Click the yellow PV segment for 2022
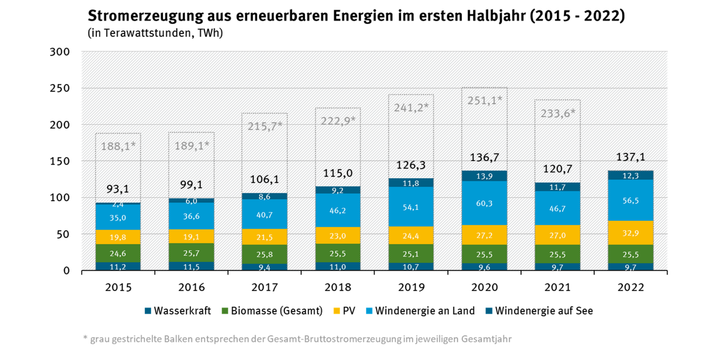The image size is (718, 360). tap(631, 233)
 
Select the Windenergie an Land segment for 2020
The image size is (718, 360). tap(484, 203)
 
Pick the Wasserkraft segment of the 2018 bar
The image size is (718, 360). tap(338, 266)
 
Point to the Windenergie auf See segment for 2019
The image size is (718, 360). tap(411, 183)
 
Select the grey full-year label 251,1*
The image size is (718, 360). tap(484, 100)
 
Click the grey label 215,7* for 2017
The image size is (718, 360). tap(264, 126)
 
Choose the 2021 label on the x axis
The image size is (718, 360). tap(557, 287)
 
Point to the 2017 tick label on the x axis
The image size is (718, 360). tap(264, 287)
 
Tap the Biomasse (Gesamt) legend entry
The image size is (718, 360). tap(276, 311)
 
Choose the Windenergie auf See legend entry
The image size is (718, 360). tap(543, 311)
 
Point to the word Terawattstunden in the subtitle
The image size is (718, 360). tap(148, 33)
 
